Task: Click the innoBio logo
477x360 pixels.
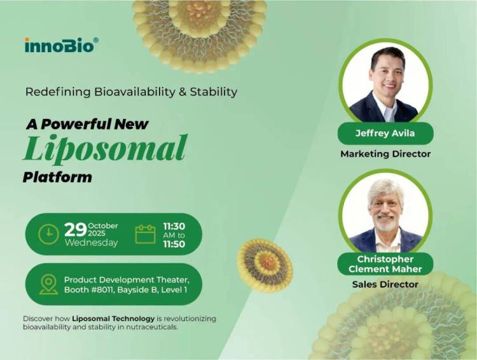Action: point(61,45)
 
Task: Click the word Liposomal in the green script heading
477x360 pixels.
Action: point(105,148)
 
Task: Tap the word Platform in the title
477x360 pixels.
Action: point(57,176)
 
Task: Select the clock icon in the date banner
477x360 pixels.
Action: point(48,234)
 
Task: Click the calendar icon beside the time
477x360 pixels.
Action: point(145,234)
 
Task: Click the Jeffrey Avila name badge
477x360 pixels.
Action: point(385,134)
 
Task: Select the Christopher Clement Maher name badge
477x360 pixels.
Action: point(385,264)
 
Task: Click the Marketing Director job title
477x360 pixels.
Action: point(385,154)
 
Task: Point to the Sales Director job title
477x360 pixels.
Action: point(385,284)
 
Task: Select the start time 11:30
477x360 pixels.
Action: point(174,225)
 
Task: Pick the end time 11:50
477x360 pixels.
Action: point(174,244)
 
